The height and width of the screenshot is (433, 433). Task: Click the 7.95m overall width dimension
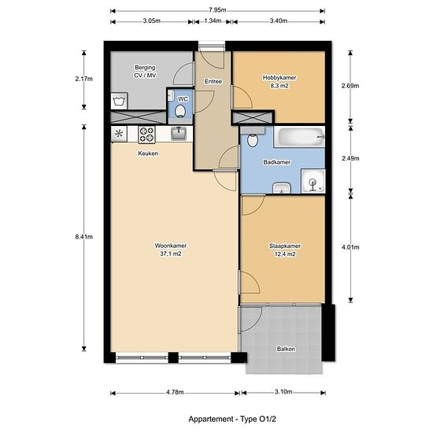[x=217, y=10]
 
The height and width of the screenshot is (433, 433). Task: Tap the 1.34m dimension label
[x=213, y=21]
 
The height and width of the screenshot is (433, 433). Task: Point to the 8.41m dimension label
[x=84, y=237]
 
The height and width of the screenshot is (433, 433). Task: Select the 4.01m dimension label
[x=350, y=247]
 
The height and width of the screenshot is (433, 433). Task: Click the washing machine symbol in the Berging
[x=119, y=101]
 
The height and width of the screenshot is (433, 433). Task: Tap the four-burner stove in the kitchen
[x=146, y=135]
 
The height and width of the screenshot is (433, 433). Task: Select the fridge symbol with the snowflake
[x=119, y=134]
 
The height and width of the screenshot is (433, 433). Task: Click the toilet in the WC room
[x=180, y=110]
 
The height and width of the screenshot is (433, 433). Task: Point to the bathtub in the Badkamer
[x=300, y=137]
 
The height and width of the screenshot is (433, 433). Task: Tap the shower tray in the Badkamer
[x=313, y=181]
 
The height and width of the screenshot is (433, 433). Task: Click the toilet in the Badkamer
[x=252, y=138]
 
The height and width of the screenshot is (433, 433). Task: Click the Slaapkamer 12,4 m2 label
[x=285, y=250]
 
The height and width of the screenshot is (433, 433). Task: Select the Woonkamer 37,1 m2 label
[x=171, y=250]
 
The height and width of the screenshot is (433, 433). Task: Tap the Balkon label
[x=286, y=349]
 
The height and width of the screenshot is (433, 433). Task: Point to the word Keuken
[x=148, y=154]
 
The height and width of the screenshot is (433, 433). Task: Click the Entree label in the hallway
[x=213, y=81]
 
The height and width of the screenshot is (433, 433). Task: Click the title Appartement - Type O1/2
[x=232, y=419]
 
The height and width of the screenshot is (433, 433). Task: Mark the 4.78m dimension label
[x=175, y=392]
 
